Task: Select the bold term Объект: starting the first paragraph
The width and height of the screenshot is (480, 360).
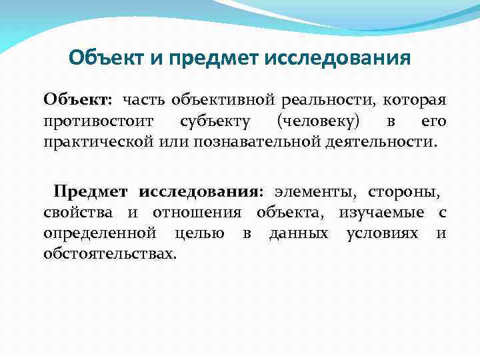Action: coord(79,100)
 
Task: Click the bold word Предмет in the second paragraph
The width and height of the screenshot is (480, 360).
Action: coord(93,192)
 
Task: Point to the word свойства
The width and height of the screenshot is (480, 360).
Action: coord(81,213)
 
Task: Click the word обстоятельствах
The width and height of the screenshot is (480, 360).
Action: coord(110,254)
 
